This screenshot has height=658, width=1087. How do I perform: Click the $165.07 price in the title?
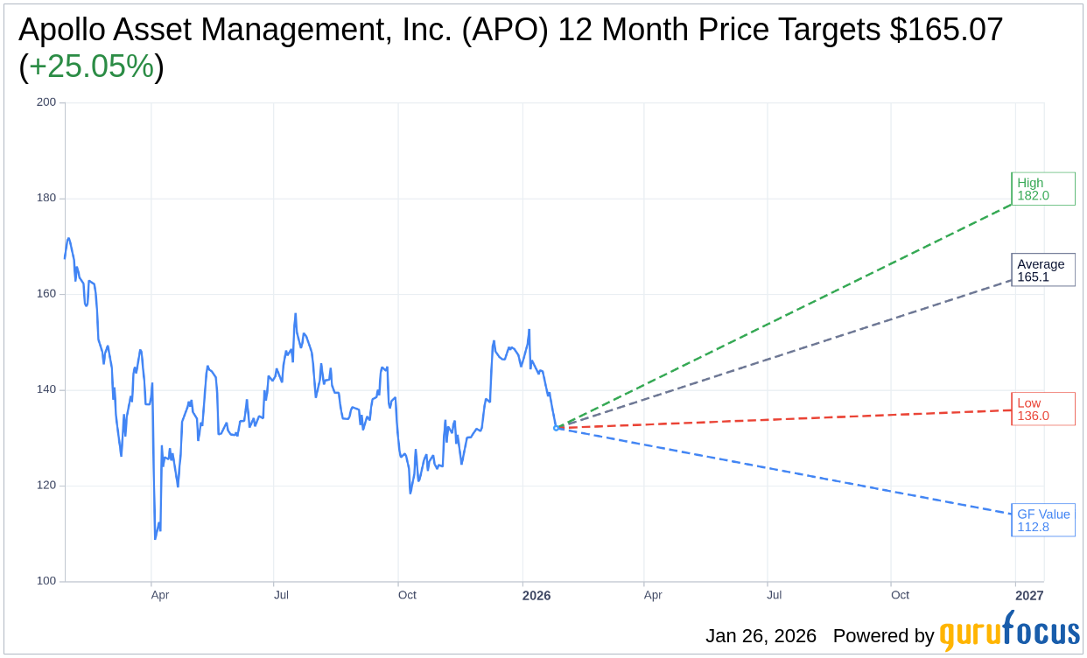[946, 30]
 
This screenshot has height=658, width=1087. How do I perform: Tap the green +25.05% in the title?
[91, 66]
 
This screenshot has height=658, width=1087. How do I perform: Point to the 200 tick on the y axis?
[46, 102]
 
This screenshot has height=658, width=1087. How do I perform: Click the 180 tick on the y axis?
[46, 198]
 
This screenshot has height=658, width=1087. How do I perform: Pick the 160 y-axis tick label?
[46, 294]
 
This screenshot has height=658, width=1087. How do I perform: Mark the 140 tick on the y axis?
[46, 389]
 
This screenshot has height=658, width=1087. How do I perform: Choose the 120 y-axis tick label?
[46, 486]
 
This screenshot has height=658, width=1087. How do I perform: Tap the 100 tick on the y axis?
[46, 581]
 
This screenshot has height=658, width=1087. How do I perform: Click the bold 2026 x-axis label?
[536, 595]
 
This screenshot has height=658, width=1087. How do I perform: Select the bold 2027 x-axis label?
[1029, 595]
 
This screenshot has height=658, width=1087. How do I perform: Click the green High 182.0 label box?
[1042, 189]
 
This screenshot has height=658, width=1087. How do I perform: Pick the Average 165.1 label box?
[1042, 270]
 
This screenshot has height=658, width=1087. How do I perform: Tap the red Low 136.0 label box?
[1042, 409]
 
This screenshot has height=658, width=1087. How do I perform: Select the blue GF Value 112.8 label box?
[1042, 521]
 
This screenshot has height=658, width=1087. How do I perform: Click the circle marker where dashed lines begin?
[556, 428]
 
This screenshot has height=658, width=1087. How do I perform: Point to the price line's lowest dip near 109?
[155, 537]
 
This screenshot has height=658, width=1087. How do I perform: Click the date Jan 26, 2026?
[761, 636]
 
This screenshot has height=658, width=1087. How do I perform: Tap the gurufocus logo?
[1009, 633]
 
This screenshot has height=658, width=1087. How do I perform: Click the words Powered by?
[883, 636]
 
